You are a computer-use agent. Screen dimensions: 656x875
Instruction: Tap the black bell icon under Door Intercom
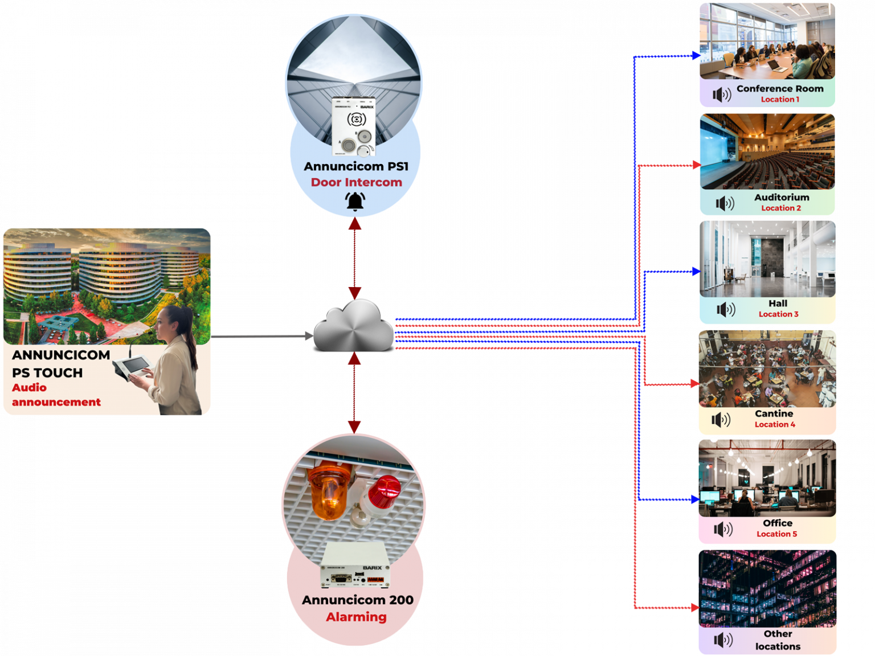(x=355, y=202)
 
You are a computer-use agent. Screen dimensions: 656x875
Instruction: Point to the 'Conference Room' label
(x=779, y=89)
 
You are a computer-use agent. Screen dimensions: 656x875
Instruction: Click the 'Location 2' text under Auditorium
(x=780, y=208)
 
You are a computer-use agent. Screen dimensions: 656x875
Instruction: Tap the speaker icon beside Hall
(x=726, y=310)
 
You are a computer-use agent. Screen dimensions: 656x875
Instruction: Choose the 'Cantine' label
(x=774, y=414)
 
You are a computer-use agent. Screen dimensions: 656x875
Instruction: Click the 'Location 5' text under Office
(x=776, y=534)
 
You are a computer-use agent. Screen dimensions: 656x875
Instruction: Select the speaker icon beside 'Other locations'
(x=723, y=639)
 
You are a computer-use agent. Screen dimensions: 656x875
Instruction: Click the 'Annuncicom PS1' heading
(x=356, y=166)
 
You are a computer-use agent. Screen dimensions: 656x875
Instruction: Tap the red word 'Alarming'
(x=356, y=617)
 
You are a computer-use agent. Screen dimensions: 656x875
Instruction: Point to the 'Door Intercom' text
(x=356, y=182)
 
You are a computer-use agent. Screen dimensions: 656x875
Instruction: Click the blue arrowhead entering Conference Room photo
(x=696, y=55)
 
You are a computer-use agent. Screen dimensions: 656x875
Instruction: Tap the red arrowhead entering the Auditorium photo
(x=696, y=165)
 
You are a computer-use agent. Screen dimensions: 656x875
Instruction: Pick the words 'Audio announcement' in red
(x=56, y=395)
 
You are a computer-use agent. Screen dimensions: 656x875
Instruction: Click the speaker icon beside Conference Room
(x=722, y=95)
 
